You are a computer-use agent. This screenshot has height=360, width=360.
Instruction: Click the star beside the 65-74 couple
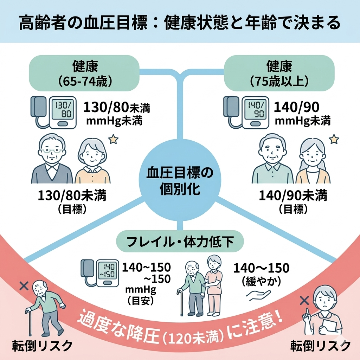pos(113,140)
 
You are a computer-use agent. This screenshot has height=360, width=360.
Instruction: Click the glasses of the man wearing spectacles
pos(52,152)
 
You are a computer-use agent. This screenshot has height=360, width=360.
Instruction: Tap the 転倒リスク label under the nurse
pos(320,346)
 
